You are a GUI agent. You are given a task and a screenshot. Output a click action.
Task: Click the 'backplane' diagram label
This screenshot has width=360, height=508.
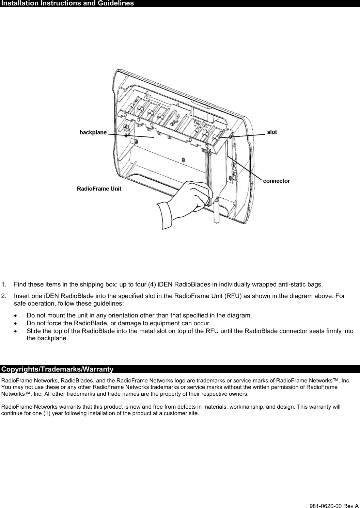point(93,132)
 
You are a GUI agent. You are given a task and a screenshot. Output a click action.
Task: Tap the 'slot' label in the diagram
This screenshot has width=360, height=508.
point(272,132)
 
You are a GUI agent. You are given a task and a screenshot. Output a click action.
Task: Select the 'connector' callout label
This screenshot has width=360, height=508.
point(276,181)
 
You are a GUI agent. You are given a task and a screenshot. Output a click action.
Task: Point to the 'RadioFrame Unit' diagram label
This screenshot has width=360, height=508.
point(99,189)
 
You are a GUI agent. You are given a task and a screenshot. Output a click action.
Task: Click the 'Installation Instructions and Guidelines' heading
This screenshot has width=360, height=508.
point(67,3)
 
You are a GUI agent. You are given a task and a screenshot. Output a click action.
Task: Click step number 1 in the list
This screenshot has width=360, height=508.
point(3,284)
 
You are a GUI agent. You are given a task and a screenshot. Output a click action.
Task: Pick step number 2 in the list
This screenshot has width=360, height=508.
point(3,296)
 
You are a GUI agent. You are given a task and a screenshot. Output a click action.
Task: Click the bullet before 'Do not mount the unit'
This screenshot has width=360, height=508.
point(16,315)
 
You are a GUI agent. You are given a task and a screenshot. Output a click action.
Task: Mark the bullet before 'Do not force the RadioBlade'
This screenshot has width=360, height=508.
point(16,323)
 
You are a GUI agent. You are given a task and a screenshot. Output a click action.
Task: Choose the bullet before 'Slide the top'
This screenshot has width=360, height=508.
point(16,331)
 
